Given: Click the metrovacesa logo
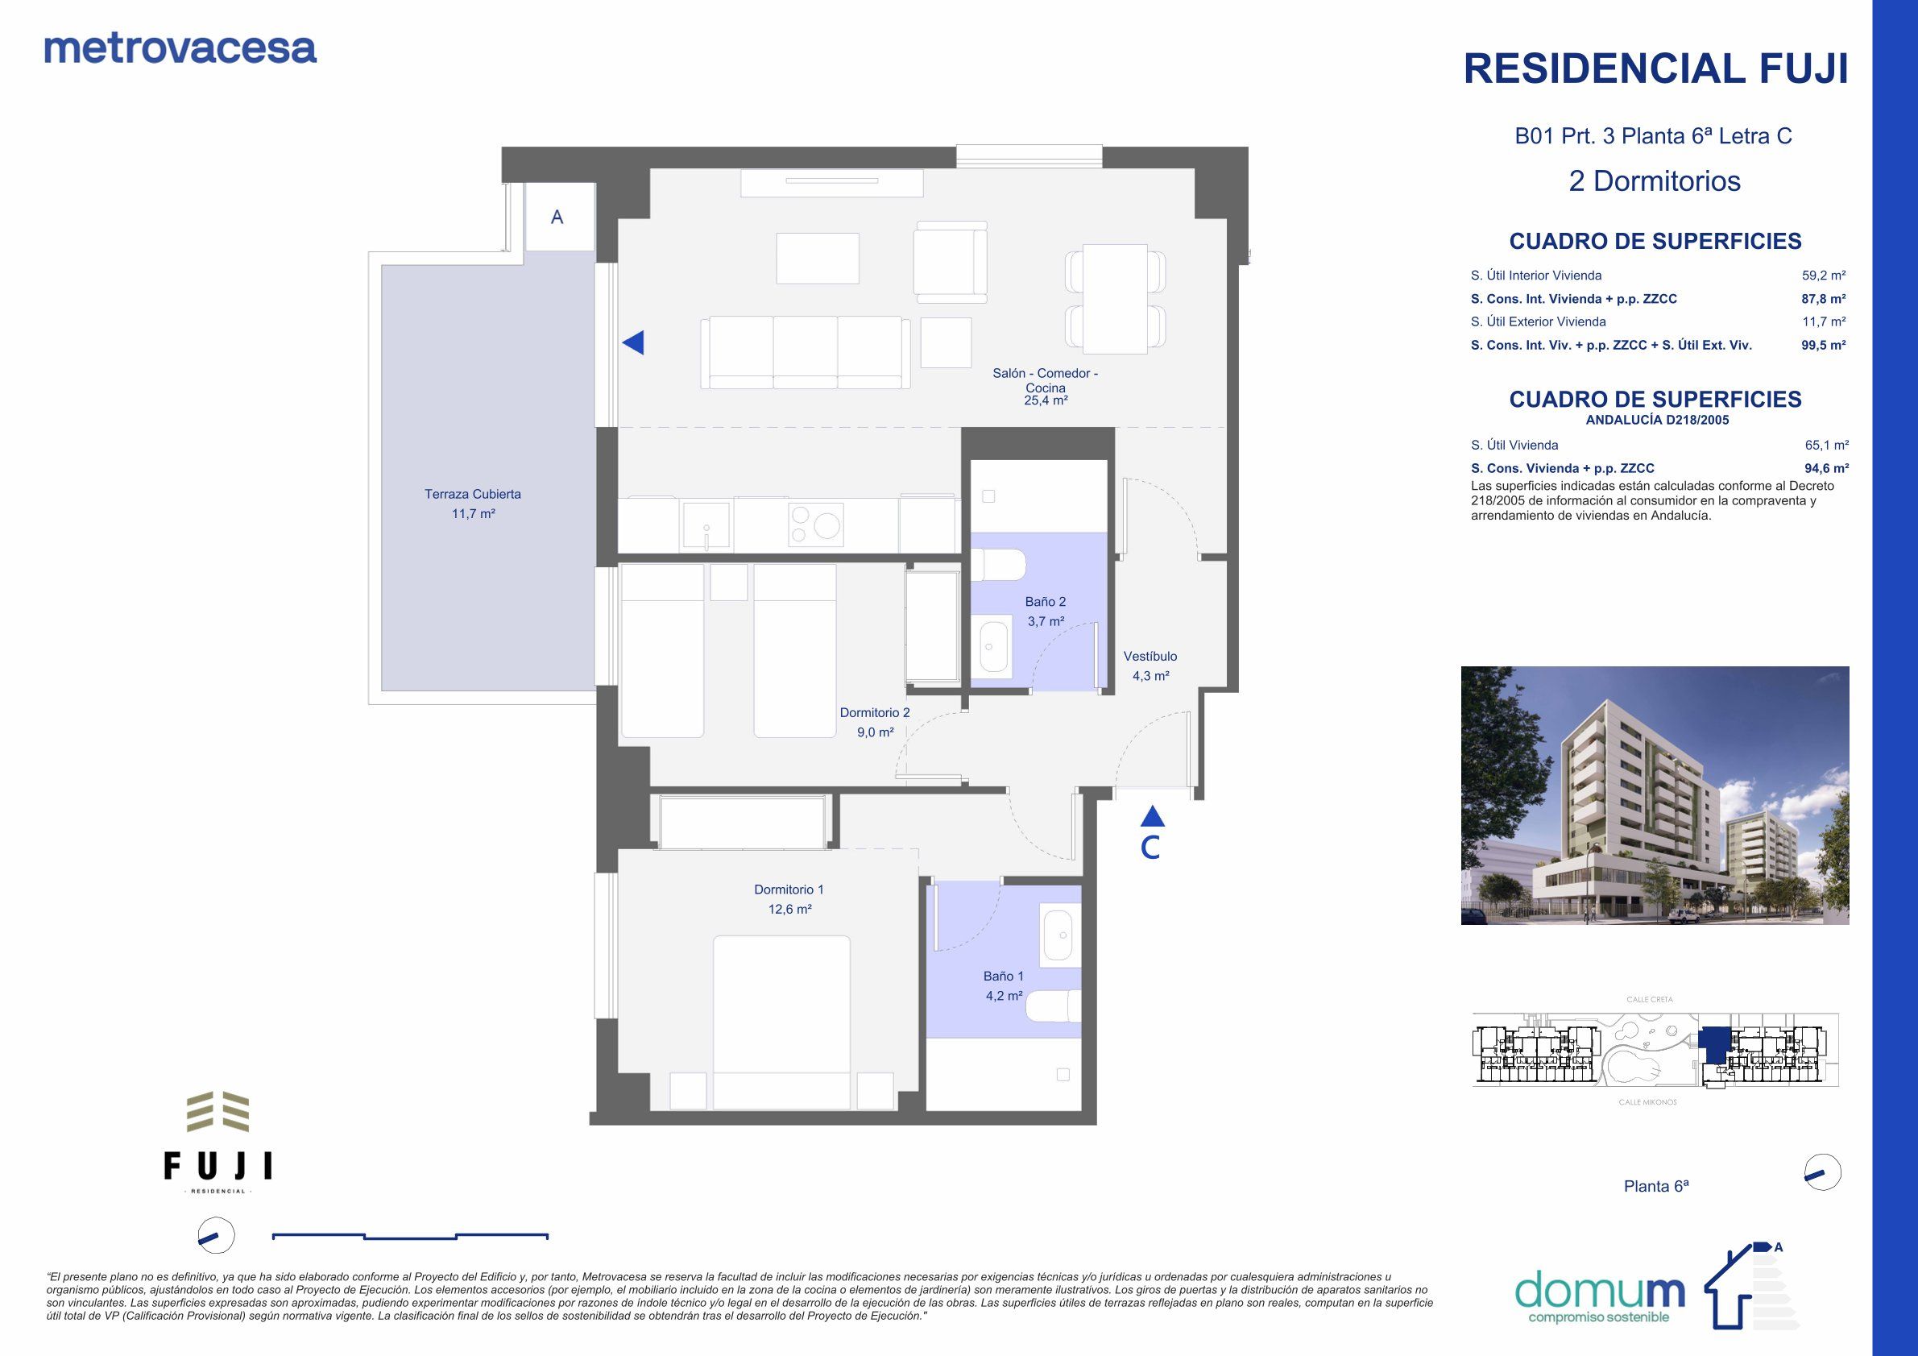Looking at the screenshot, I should coord(180,48).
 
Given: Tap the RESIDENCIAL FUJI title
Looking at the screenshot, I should coord(1655,68).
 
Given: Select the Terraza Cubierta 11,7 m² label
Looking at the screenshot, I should coord(473,504).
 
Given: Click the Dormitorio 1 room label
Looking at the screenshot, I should coord(789,899).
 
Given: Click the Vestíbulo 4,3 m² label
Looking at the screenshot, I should coord(1150,666).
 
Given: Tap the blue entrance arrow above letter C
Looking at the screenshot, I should coord(1152,815).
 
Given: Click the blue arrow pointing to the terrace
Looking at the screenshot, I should coord(633,342).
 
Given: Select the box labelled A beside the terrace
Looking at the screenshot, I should coord(558,218).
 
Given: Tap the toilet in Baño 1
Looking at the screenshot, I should coord(1052,1007).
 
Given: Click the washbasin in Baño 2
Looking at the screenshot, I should coord(993,646).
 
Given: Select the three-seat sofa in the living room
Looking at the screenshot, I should coord(806,352).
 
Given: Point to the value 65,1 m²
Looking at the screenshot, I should coord(1826,446).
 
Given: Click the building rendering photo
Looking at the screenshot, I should coord(1654,795).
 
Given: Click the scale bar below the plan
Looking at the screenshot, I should coord(410,1235).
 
